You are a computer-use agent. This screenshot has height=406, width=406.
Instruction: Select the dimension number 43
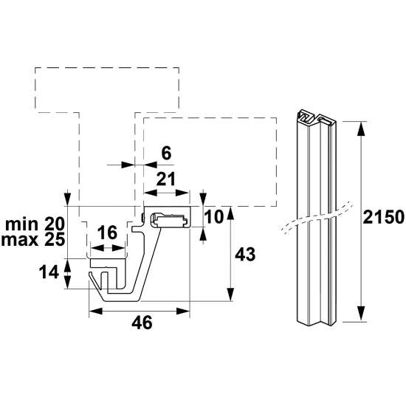tap(245, 254)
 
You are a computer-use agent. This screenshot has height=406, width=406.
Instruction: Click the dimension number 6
tap(165, 153)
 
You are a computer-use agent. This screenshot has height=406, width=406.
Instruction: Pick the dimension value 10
tap(214, 218)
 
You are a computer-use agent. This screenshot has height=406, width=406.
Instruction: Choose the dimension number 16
tap(108, 233)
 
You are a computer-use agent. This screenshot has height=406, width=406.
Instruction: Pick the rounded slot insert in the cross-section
tap(170, 219)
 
